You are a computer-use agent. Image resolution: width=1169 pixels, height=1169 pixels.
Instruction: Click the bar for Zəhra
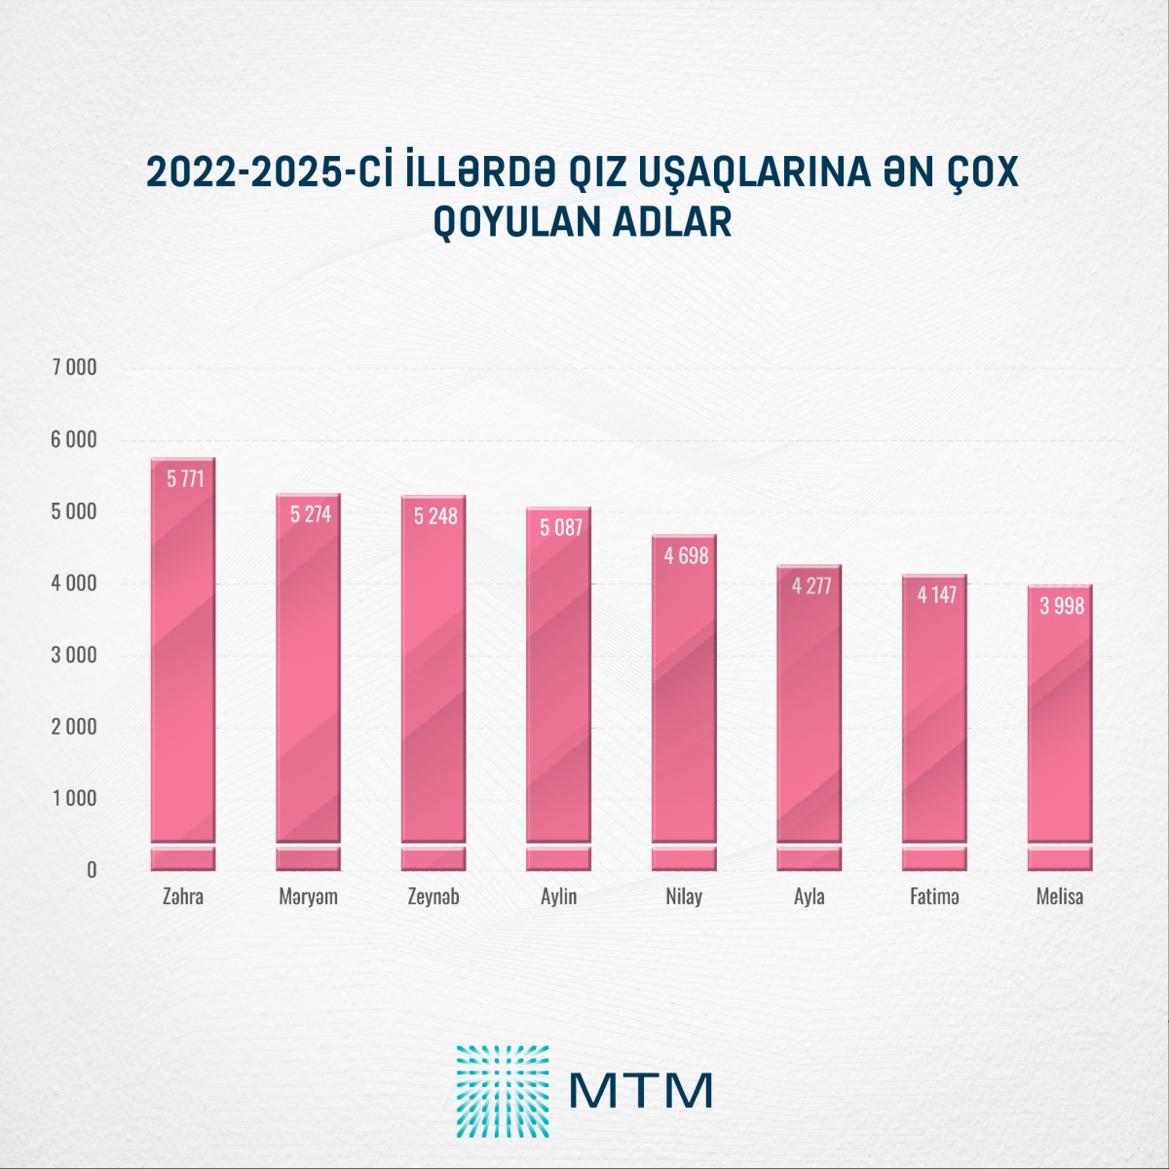coord(183,662)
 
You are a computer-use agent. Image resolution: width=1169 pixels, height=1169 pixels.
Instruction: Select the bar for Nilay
coord(684,701)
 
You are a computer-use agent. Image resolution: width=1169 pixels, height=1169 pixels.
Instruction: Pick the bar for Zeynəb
coord(434,682)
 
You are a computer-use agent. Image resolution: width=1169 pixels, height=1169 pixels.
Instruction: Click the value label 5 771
coord(185,478)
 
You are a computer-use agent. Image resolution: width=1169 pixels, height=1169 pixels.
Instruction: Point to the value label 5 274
coord(311,514)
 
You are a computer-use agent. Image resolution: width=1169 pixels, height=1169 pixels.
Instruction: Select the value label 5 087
coord(561,528)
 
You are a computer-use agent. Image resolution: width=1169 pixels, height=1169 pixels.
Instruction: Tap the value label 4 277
coord(811,585)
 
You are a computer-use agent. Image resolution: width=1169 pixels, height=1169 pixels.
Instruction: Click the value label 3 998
coord(1062,606)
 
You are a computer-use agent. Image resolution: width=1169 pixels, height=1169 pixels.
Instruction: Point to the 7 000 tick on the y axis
coord(74,367)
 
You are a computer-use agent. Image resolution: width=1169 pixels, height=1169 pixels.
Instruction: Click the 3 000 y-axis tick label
coord(74,655)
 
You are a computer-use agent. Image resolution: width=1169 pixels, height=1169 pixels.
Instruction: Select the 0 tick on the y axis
coord(92,870)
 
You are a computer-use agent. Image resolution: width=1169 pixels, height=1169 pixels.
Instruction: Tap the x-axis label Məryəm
coord(308,896)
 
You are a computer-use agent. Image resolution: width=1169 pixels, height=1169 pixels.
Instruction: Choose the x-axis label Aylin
coord(559,896)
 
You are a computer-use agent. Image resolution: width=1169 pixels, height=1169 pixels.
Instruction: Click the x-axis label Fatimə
coord(934,896)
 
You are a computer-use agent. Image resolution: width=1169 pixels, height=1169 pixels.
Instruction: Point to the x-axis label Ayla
coord(810,896)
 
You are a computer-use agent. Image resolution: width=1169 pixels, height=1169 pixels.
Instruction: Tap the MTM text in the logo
coord(640,1090)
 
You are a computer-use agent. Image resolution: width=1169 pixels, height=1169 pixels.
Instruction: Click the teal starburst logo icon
coord(503,1091)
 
